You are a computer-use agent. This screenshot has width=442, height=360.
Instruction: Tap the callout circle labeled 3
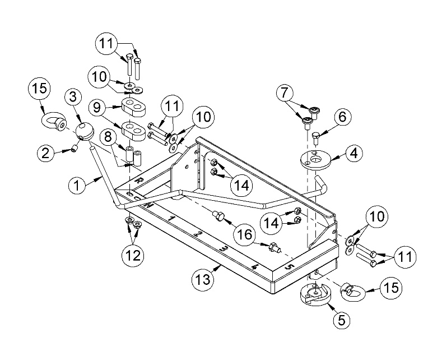tap(73, 98)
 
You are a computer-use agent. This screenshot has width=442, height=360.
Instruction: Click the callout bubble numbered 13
tap(203, 277)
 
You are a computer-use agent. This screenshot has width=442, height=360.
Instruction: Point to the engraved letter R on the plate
tap(139, 181)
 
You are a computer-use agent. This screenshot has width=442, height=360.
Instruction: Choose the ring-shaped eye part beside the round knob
tap(54, 122)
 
